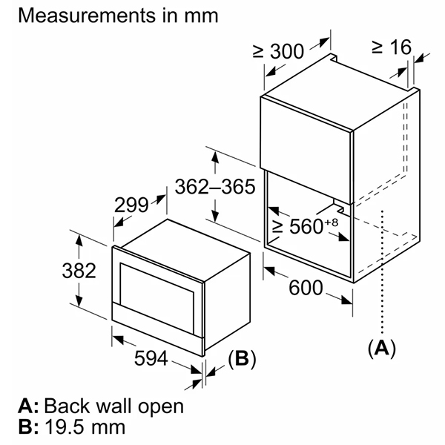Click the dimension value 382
[x=78, y=271]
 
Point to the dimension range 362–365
[x=215, y=186]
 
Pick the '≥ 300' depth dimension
[x=280, y=51]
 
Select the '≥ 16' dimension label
[x=391, y=47]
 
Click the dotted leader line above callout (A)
[x=381, y=274]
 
